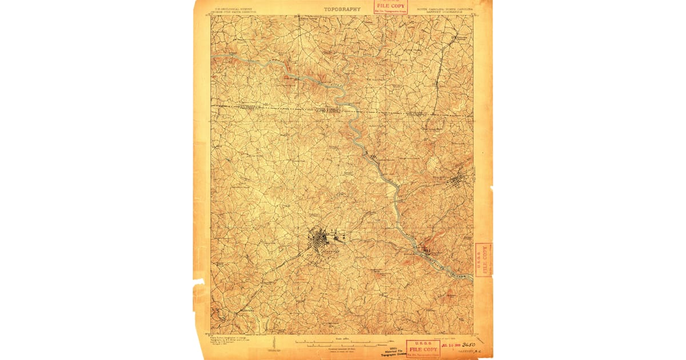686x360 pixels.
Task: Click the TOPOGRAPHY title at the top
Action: click(342, 9)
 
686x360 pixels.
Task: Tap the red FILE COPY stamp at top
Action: click(391, 6)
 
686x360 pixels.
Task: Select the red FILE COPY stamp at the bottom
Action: click(423, 348)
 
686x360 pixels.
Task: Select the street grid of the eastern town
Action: click(458, 183)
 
